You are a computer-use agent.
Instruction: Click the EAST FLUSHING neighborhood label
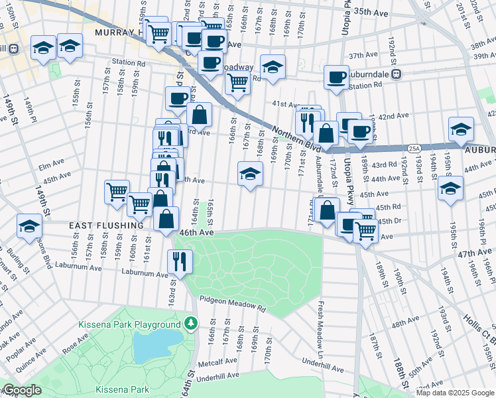[x=106, y=226]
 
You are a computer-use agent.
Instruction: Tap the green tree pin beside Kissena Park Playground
[x=192, y=324]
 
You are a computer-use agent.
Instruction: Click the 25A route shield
[x=414, y=149]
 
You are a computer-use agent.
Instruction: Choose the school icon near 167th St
[x=250, y=174]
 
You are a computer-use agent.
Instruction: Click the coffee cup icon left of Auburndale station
[x=336, y=76]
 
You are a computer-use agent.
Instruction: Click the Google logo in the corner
[x=22, y=390]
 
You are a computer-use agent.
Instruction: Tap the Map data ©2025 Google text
[x=454, y=393]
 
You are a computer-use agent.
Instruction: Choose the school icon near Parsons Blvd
[x=30, y=225]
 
